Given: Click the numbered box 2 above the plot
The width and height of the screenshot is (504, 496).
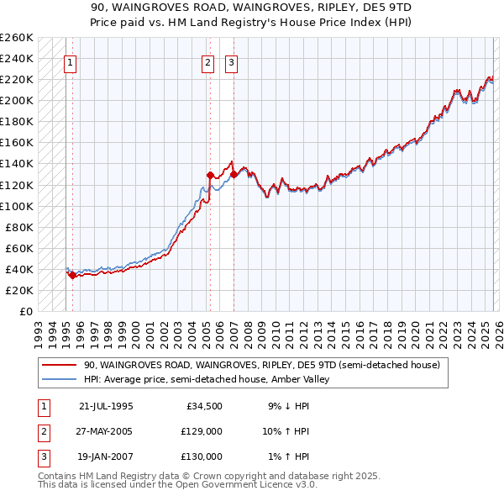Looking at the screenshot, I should (207, 61).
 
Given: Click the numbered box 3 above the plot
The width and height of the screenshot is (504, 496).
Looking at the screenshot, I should (231, 61).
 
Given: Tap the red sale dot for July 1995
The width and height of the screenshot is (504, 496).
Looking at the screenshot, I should (72, 275).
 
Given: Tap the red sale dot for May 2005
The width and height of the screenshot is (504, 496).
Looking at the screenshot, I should (209, 175).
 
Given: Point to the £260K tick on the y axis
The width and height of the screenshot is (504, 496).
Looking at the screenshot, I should (17, 38).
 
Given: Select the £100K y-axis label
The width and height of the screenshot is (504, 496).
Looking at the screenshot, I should (17, 206).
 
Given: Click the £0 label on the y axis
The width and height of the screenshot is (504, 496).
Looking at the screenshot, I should (26, 311).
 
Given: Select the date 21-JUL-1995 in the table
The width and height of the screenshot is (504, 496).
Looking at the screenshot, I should (106, 407).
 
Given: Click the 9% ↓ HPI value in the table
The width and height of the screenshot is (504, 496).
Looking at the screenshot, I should (287, 407).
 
